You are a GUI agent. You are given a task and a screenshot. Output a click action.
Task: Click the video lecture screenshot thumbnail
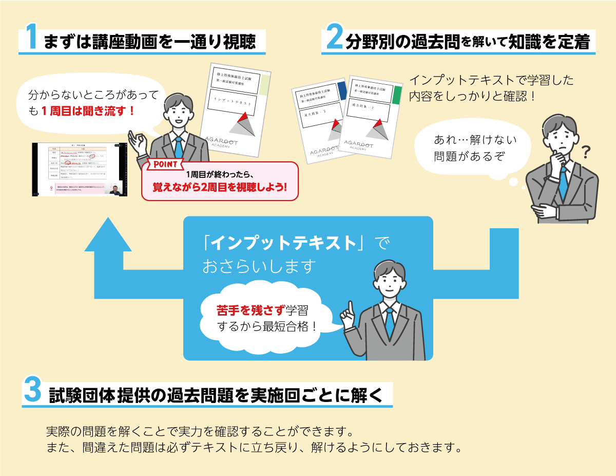(x=79, y=169)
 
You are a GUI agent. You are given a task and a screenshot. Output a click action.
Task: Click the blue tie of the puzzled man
(x=563, y=182)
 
